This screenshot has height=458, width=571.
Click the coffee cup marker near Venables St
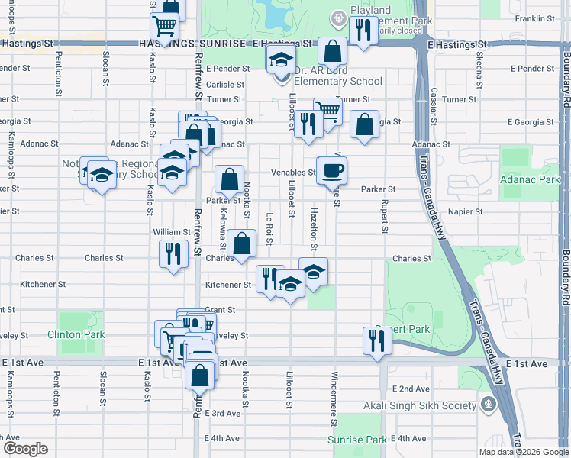coord(332,169)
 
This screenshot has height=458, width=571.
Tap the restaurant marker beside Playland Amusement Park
coord(363,31)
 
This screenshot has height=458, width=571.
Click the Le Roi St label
coord(269,229)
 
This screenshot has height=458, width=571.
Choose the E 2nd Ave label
coord(410,389)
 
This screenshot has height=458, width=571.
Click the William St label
coord(171,232)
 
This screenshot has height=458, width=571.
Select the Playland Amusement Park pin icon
coord(337,18)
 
